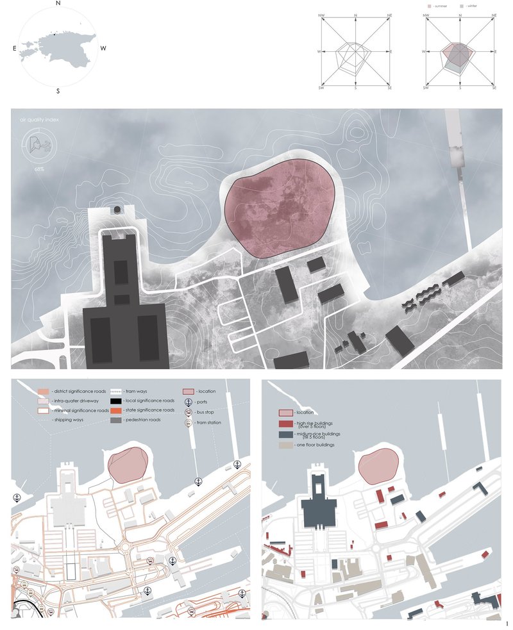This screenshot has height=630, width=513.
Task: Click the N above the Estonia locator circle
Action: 58,4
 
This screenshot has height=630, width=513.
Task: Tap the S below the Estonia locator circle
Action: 58,91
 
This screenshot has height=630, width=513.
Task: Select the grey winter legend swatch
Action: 463,6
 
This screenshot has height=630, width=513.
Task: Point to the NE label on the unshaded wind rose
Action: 389,14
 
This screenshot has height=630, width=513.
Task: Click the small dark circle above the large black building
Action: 117,210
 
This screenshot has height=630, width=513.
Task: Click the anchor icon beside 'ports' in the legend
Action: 188,402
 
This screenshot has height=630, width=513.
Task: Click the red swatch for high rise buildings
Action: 285,423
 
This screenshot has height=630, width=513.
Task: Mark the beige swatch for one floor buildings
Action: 285,444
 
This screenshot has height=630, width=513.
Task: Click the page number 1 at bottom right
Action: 507,624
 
